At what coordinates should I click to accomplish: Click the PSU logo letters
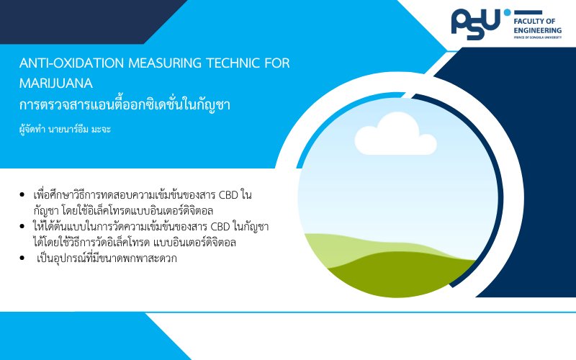click(x=476, y=24)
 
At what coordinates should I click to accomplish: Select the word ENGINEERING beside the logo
click(x=537, y=30)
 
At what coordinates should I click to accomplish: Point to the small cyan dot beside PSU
click(x=508, y=12)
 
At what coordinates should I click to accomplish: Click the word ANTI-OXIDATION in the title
click(x=71, y=63)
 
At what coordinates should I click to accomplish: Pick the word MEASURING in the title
click(x=165, y=63)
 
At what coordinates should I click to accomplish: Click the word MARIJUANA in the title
click(x=56, y=84)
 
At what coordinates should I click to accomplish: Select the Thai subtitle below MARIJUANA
click(x=125, y=104)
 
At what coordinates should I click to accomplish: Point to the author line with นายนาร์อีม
click(x=65, y=130)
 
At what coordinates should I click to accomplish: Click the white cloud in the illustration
click(x=395, y=134)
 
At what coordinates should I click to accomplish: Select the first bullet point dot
click(x=22, y=194)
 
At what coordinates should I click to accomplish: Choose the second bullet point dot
click(x=22, y=227)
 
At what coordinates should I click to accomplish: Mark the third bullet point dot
click(x=22, y=258)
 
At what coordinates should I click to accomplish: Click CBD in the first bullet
click(x=228, y=194)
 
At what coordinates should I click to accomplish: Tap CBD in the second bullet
click(x=220, y=227)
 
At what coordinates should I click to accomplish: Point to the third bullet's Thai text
click(x=107, y=258)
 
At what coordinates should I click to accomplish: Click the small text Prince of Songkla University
click(x=537, y=37)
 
